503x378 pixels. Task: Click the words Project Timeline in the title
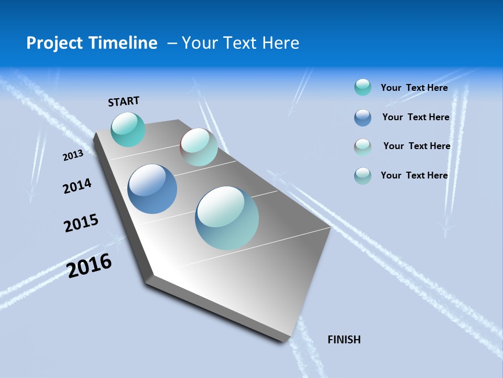click(x=92, y=43)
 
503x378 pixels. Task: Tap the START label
click(x=124, y=101)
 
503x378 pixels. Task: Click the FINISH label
click(x=344, y=340)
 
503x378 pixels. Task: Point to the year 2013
click(x=73, y=155)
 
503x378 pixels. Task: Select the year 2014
click(x=77, y=186)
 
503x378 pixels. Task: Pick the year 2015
click(x=81, y=223)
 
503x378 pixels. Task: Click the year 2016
click(x=89, y=266)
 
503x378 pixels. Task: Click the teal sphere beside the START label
click(x=128, y=129)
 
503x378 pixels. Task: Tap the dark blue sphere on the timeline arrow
click(x=152, y=189)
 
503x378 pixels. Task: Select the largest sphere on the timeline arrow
click(x=227, y=218)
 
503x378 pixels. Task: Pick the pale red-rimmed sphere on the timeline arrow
click(x=199, y=147)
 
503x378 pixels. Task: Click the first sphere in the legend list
click(x=363, y=87)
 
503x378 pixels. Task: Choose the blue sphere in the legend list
click(x=363, y=118)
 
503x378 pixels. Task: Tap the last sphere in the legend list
click(x=363, y=176)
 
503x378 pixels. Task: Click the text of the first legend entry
click(x=414, y=88)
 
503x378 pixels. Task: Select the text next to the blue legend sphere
click(x=415, y=117)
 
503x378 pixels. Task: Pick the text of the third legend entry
click(x=417, y=146)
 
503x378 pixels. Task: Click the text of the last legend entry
click(x=414, y=175)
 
